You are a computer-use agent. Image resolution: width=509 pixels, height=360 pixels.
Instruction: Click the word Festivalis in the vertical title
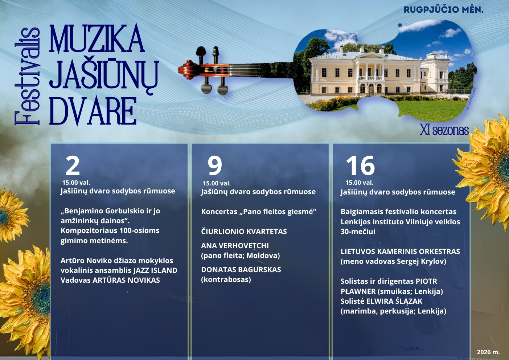click(x=27, y=76)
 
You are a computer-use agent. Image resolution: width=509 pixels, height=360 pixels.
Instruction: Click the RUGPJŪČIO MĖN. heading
click(x=444, y=9)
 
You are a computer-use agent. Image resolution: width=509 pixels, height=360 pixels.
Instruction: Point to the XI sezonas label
click(x=444, y=130)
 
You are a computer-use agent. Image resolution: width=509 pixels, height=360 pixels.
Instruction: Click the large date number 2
click(x=73, y=166)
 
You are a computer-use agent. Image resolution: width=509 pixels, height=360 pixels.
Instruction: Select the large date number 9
click(x=215, y=166)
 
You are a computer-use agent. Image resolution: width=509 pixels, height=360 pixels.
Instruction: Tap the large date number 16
click(x=360, y=166)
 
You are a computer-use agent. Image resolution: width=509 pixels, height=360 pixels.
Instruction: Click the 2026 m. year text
click(x=488, y=352)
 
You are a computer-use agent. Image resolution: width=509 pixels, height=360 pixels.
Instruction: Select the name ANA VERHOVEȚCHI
click(x=235, y=246)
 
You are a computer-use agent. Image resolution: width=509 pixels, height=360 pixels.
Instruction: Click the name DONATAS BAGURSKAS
click(x=241, y=270)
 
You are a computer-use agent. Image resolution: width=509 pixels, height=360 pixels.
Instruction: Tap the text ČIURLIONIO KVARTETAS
click(x=244, y=232)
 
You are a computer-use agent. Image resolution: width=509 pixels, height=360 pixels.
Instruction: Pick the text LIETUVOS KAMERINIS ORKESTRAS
click(x=400, y=251)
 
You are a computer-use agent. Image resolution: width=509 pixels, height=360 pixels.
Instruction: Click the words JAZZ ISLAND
click(x=155, y=270)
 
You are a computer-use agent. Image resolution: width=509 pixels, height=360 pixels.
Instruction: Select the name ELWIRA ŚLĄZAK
click(x=394, y=301)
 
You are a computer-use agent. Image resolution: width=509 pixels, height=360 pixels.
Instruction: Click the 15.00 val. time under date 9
click(x=217, y=183)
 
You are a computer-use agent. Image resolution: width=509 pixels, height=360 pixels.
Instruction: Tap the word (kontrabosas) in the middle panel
click(x=226, y=279)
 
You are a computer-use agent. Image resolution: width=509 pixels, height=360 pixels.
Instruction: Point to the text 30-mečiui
click(x=358, y=232)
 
